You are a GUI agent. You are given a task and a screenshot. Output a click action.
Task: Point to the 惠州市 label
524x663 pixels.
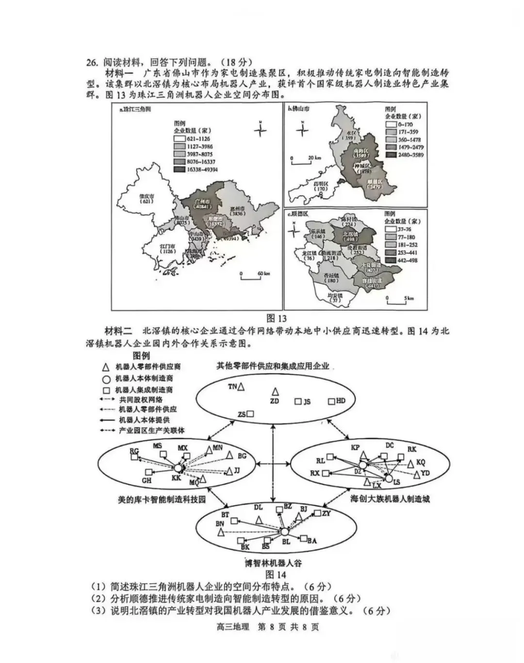click(x=237, y=210)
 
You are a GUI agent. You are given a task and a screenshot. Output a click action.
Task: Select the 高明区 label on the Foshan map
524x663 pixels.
click(x=320, y=186)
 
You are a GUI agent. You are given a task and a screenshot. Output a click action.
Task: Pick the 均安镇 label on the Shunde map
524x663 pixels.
click(x=335, y=297)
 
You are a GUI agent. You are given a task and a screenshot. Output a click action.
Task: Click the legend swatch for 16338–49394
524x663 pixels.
click(x=180, y=170)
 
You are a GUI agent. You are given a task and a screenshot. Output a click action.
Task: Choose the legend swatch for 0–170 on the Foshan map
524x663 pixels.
click(x=391, y=125)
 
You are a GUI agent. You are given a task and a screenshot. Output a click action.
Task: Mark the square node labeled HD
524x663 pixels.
click(x=331, y=402)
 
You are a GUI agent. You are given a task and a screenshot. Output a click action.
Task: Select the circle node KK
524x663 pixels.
click(x=178, y=468)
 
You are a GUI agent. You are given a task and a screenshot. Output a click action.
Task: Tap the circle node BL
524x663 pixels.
click(x=285, y=532)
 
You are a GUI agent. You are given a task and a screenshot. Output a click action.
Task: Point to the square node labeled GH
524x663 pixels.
click(x=148, y=472)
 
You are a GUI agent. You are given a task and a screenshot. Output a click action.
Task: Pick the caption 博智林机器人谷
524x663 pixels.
click(x=273, y=563)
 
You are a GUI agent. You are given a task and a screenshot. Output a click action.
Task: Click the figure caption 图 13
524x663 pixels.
click(x=277, y=319)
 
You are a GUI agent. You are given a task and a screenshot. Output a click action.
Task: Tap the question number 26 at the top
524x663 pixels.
click(x=92, y=62)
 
